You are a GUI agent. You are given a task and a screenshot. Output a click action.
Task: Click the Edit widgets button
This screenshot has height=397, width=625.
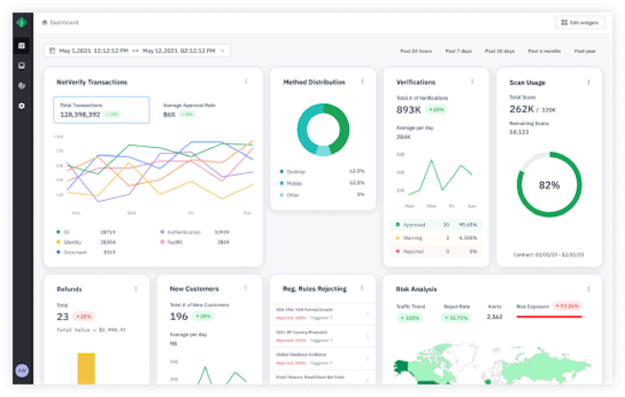point(580,22)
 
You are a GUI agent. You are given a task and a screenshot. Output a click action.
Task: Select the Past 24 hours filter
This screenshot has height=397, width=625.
point(416,50)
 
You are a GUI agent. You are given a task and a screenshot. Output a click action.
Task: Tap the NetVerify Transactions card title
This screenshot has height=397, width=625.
point(91,82)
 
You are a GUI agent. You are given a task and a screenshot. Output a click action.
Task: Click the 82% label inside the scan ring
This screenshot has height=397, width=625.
point(549,185)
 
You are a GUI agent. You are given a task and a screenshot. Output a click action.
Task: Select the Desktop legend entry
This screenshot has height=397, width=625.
point(296,170)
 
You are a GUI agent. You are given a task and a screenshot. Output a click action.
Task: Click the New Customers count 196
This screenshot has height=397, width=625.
point(178,316)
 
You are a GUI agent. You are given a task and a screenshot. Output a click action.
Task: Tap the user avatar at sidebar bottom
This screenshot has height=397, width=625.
point(22,370)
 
